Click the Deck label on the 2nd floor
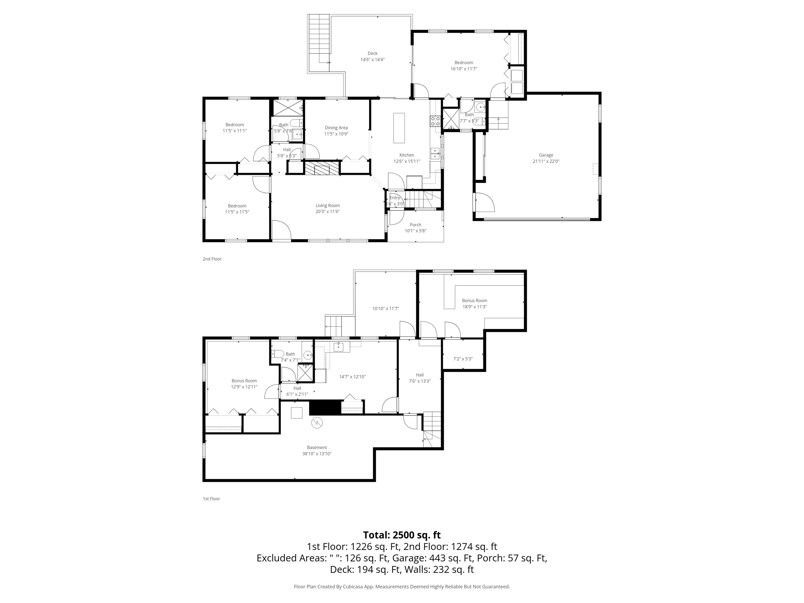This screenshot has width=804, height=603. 372,53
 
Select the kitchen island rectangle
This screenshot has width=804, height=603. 399,128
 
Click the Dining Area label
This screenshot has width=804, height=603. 336,128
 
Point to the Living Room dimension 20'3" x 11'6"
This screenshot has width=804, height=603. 327,212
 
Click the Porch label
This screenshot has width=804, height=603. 416,225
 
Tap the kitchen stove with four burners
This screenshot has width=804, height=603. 435,121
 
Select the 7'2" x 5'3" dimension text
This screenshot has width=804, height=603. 463,359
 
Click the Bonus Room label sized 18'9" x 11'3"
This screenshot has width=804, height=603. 474,301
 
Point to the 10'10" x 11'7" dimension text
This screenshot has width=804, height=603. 385,309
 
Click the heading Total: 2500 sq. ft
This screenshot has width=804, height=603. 402,535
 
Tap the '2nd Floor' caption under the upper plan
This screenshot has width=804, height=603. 212,259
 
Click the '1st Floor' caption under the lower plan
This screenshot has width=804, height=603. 211,499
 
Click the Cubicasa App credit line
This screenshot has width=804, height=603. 402,587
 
